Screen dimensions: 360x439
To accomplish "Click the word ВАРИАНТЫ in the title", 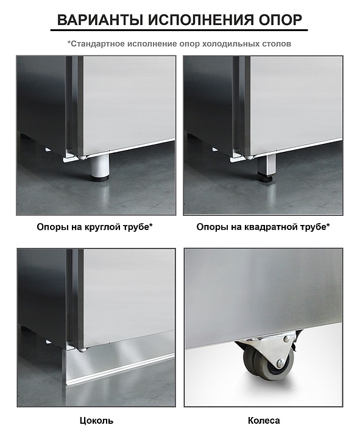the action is point(100,20).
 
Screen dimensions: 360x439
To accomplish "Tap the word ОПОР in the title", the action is point(281,20).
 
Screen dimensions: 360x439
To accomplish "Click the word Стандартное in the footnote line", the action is point(98,44).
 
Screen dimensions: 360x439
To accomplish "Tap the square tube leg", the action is point(267,165).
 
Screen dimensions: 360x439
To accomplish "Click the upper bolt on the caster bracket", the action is point(286,339).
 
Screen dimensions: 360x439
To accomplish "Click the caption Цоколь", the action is point(96,421).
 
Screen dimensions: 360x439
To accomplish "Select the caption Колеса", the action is point(264,421).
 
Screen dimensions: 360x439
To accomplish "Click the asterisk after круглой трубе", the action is point(151,225).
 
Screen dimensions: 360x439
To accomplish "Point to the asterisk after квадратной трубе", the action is point(328,225).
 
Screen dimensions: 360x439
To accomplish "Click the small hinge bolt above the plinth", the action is point(82,350).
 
